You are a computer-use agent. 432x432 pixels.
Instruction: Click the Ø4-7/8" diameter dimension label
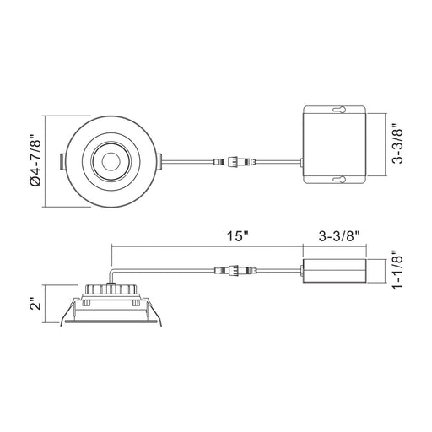(x=35, y=161)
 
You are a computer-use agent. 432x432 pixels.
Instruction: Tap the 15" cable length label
(x=239, y=236)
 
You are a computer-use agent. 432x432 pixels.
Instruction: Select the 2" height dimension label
(x=36, y=303)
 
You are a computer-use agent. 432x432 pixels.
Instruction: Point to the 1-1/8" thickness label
(x=398, y=270)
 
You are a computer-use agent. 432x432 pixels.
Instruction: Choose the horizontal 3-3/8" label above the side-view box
(x=340, y=236)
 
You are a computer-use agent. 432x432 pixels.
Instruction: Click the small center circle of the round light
(x=111, y=162)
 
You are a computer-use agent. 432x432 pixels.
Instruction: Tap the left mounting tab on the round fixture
(x=63, y=162)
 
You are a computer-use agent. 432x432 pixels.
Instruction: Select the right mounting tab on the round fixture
(x=159, y=162)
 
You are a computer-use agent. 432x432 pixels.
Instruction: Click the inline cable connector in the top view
(x=235, y=162)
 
